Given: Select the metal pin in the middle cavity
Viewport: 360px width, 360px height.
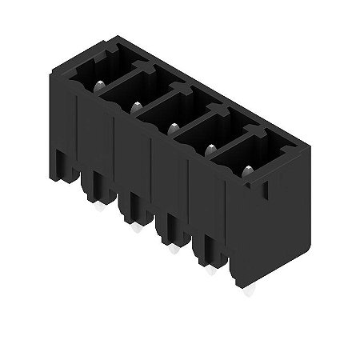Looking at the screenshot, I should (x=174, y=126).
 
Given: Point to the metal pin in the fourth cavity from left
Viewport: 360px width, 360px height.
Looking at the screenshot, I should (x=212, y=147).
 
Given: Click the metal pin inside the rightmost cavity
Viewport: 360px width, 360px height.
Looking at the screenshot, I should (x=247, y=170).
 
